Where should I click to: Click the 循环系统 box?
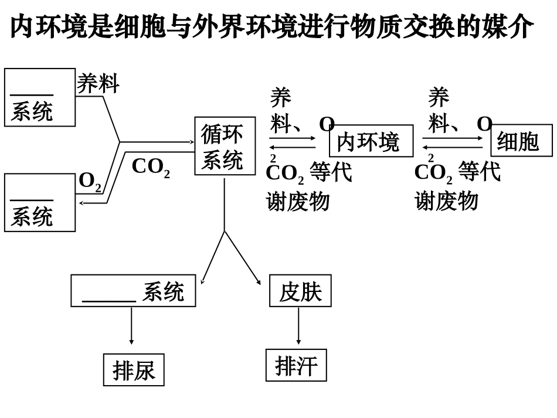click(x=225, y=146)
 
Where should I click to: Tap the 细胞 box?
click(x=521, y=141)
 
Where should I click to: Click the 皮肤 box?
click(x=300, y=291)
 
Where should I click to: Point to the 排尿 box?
click(x=134, y=370)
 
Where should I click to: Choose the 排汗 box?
click(x=296, y=365)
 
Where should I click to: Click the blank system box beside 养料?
click(x=40, y=97)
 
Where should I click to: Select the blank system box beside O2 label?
click(x=40, y=202)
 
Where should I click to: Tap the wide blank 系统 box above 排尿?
click(x=133, y=291)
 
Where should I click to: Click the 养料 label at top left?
click(x=98, y=83)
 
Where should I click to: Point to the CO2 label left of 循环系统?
click(x=150, y=166)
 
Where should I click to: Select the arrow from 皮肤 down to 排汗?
click(x=298, y=326)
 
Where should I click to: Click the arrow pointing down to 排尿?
click(x=131, y=326)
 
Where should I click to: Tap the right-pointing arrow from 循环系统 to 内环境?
click(x=292, y=138)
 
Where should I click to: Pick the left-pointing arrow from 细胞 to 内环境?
click(x=451, y=147)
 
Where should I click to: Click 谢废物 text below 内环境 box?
click(x=298, y=201)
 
